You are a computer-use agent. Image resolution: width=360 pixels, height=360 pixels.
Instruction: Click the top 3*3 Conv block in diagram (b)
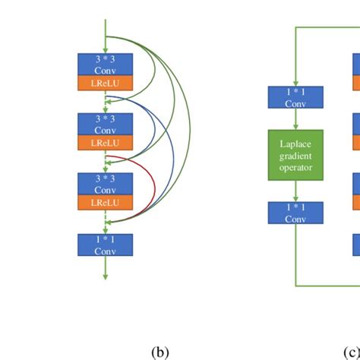(105, 65)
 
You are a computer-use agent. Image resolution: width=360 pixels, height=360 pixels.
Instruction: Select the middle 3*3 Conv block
(105, 124)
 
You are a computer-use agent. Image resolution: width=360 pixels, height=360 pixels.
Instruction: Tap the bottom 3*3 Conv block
(105, 183)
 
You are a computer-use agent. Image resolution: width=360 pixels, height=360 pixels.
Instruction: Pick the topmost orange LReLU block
(105, 84)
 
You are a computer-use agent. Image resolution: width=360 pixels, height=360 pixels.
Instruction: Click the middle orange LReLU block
(105, 143)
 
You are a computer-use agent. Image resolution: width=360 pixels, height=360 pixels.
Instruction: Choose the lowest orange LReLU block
(105, 203)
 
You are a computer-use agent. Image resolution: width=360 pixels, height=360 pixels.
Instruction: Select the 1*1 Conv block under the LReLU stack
(105, 244)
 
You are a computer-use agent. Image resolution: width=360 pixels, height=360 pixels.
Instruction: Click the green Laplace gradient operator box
(295, 154)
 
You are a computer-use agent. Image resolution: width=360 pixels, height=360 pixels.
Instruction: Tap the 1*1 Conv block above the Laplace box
(295, 96)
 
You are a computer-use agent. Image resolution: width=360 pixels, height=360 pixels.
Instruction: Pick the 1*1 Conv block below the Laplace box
(295, 212)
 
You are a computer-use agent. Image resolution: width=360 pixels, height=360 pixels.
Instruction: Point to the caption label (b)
(159, 352)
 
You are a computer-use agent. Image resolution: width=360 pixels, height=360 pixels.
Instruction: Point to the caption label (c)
(350, 352)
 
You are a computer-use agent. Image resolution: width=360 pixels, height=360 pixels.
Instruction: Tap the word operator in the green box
(295, 167)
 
